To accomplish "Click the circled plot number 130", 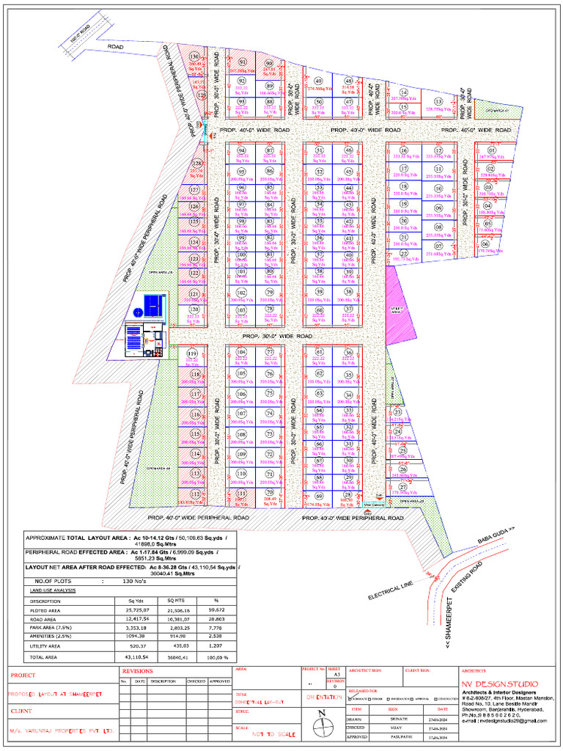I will [x=194, y=56].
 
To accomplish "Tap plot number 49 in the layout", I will [x=318, y=81].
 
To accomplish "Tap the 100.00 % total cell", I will [x=217, y=658].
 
